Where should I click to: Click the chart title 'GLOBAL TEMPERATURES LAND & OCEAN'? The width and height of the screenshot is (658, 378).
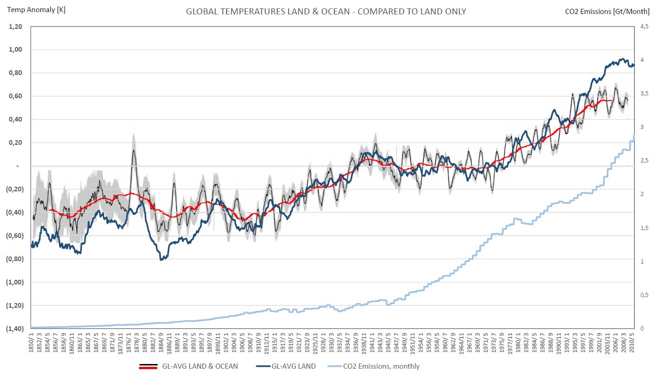[326, 11]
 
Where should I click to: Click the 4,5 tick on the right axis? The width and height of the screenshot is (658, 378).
[645, 27]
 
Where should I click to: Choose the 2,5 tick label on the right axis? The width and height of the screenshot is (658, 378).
[645, 161]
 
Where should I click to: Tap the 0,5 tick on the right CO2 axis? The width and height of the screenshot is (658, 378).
[645, 295]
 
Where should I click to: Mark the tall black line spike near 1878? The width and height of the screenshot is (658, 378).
[133, 151]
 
